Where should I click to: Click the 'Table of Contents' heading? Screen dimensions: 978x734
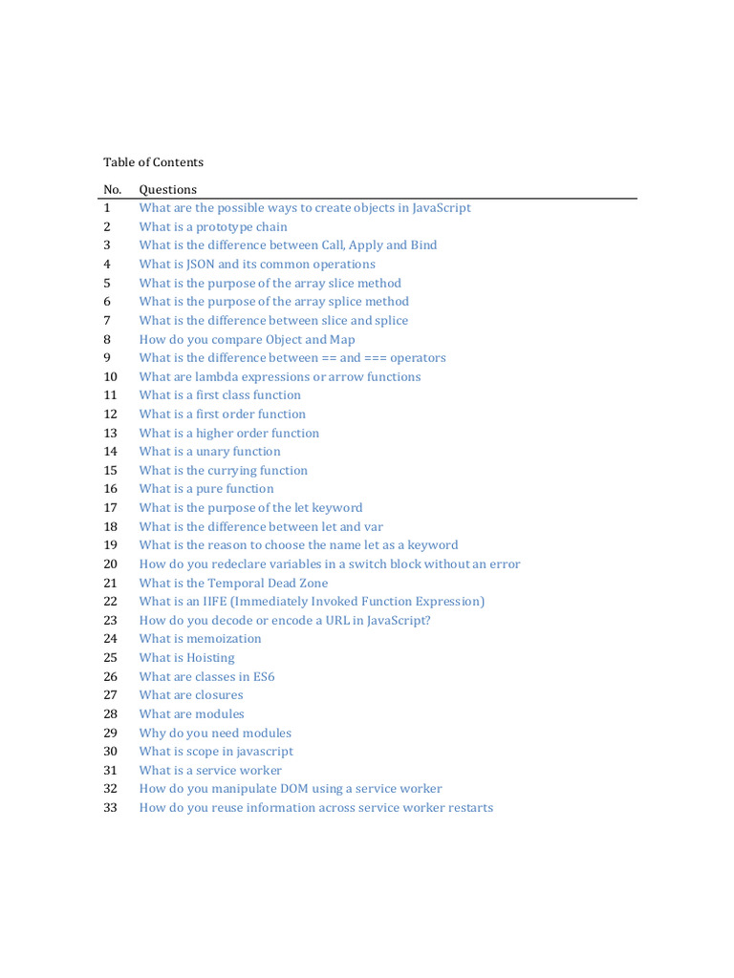tap(153, 162)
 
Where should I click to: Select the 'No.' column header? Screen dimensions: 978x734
tap(113, 189)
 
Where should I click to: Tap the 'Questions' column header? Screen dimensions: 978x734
tap(167, 189)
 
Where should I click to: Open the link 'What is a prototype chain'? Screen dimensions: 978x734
tap(212, 226)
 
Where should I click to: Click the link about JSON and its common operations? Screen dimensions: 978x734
tap(256, 265)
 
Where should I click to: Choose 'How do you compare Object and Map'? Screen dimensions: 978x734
tap(247, 339)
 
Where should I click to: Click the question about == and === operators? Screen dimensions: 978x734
tap(291, 358)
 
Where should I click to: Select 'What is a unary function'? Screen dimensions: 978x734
tap(209, 452)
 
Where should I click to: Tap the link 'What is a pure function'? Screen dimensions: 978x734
tap(205, 489)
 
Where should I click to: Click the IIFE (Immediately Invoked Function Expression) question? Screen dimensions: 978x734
tap(312, 602)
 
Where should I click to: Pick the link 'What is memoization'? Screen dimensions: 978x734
tap(200, 639)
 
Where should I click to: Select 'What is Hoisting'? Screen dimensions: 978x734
tap(186, 658)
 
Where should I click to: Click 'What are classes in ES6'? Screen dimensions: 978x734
tap(206, 676)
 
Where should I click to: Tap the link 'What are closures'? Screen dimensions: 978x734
tap(191, 695)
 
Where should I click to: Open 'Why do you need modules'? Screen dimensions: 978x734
tap(215, 733)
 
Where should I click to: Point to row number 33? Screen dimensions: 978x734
tap(110, 808)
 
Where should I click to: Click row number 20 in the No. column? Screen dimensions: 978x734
tap(110, 564)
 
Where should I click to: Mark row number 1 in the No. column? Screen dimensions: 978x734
tap(107, 208)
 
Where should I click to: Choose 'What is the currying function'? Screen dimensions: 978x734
tap(223, 471)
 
